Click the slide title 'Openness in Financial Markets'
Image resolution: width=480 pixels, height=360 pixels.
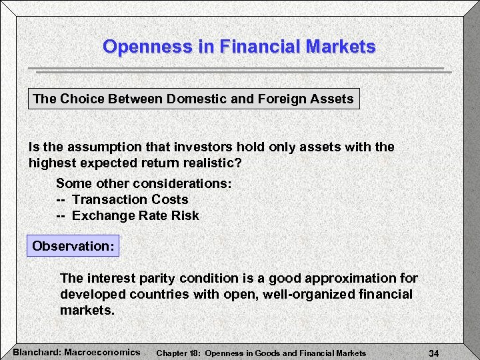pos(239,47)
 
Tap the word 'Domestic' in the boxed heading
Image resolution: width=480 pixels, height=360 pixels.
pos(195,99)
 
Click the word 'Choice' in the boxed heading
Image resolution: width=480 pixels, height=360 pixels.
pos(81,99)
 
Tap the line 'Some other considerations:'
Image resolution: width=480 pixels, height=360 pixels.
pos(143,183)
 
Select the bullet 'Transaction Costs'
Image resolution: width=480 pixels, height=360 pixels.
pos(130,199)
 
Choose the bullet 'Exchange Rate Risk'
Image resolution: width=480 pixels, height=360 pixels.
pos(135,215)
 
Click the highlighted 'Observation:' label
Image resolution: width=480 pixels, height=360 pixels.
pos(73,246)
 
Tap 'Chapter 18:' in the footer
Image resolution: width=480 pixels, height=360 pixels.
pos(178,353)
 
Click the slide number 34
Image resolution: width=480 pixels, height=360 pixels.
pos(433,353)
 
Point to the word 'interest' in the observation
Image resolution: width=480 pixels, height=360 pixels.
pos(107,278)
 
